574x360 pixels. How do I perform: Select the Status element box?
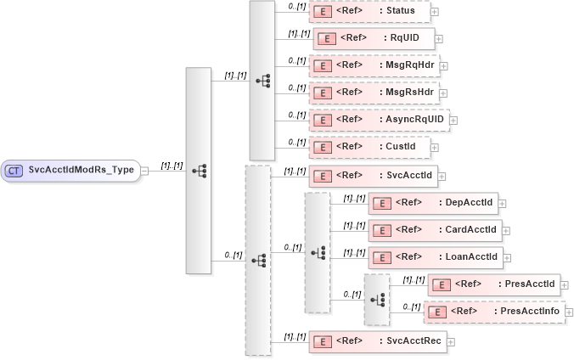pos(369,12)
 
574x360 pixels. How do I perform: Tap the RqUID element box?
pos(374,38)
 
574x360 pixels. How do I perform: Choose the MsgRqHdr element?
pos(373,65)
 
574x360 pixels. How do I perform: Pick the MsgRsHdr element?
pos(373,93)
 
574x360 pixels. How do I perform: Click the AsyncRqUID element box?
pos(379,120)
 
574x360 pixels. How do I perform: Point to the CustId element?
pos(369,147)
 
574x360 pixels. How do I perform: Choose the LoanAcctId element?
pos(434,256)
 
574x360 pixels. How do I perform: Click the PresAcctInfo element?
pos(493,312)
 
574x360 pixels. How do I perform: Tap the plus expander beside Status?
pos(435,12)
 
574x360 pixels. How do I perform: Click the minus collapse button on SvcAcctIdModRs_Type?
pos(145,170)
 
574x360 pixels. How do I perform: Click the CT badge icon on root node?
pos(14,170)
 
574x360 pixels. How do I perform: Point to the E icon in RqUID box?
pos(327,38)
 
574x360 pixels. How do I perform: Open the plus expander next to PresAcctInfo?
pos(569,312)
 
